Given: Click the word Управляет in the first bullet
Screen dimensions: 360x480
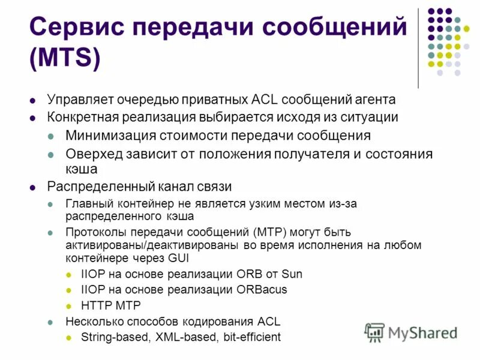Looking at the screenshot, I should tap(78, 100).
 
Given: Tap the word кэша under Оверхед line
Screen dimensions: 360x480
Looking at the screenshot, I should tap(81, 169).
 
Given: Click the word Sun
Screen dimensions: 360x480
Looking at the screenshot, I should tap(291, 274).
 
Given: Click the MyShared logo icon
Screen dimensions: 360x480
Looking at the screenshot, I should tap(374, 332).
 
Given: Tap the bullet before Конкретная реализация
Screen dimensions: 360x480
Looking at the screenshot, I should tap(34, 118).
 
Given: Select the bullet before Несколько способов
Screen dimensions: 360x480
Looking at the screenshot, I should tap(52, 322).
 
